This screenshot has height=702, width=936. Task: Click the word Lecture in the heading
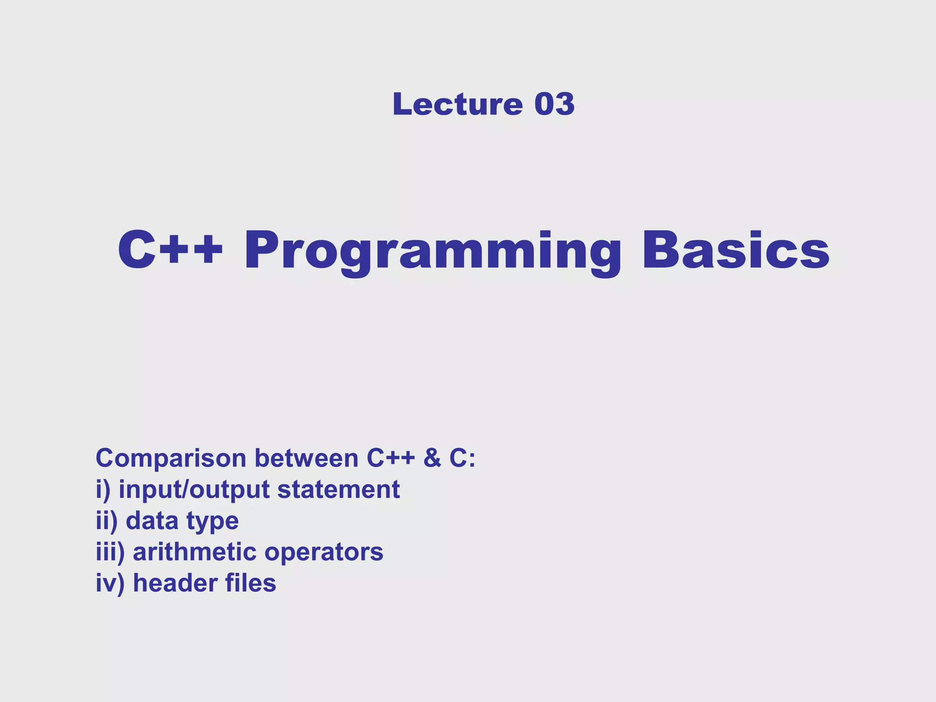pyautogui.click(x=457, y=104)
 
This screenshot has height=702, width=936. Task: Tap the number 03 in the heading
pyautogui.click(x=554, y=104)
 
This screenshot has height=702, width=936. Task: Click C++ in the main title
pyautogui.click(x=170, y=250)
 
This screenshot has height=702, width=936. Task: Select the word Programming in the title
pyautogui.click(x=432, y=251)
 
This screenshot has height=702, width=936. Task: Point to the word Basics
pyautogui.click(x=736, y=250)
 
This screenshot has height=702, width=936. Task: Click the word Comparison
pyautogui.click(x=171, y=458)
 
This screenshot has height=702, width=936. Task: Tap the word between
pyautogui.click(x=306, y=458)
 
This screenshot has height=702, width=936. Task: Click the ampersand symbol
pyautogui.click(x=432, y=458)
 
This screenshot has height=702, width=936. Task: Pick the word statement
pyautogui.click(x=339, y=489)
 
